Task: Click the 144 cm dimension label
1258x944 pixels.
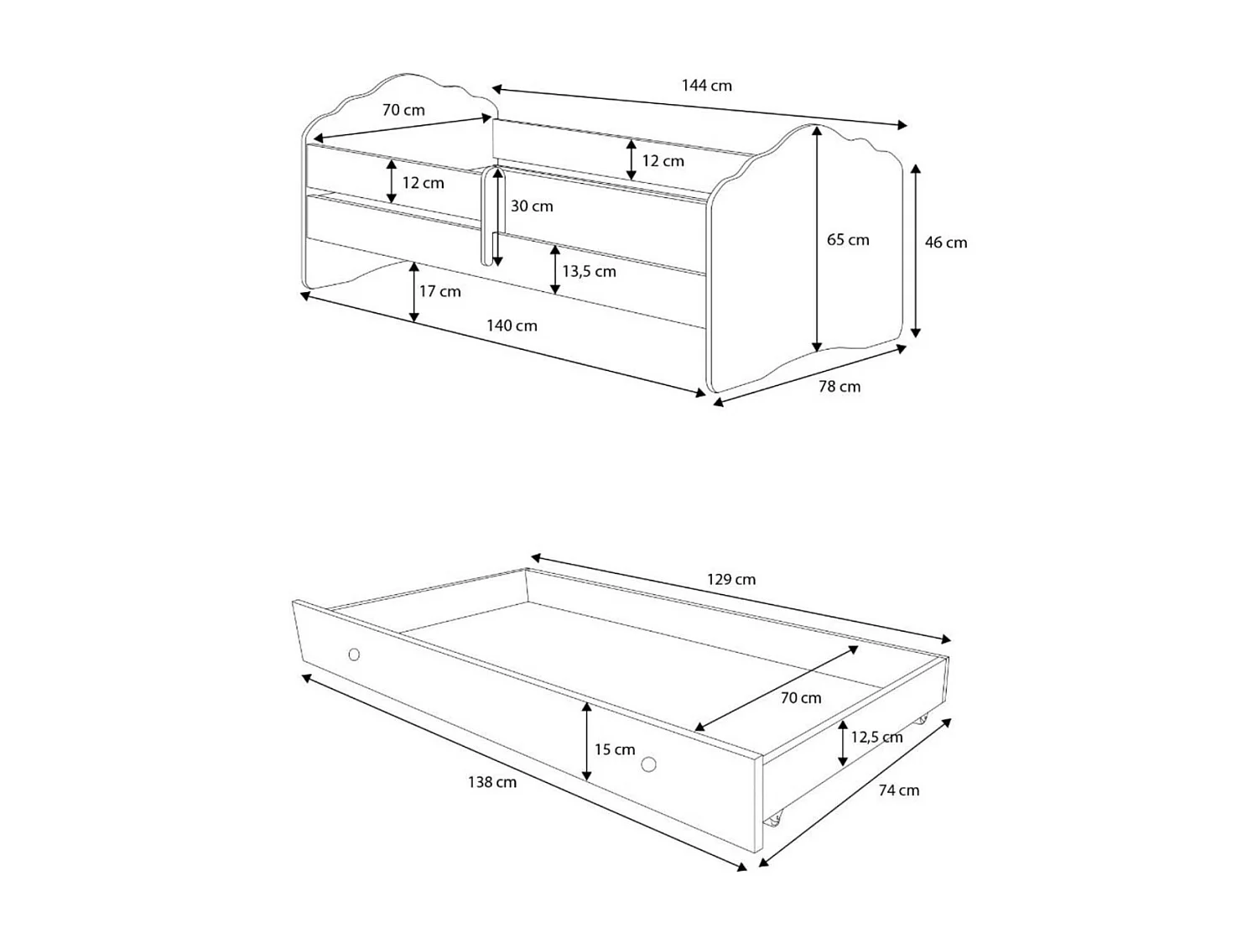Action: click(x=706, y=86)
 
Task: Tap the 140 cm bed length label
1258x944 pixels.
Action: click(x=512, y=326)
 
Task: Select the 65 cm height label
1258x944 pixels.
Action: click(x=848, y=240)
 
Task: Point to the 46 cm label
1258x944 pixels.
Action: click(x=946, y=243)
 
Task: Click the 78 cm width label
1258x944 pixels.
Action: click(x=840, y=387)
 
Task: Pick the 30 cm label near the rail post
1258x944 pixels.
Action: click(x=532, y=206)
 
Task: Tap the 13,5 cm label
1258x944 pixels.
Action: click(x=589, y=272)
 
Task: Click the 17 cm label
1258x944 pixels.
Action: click(x=440, y=291)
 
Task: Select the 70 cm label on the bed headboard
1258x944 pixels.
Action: click(x=403, y=110)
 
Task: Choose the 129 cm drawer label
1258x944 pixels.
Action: click(x=731, y=580)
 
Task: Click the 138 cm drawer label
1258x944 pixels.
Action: click(x=492, y=782)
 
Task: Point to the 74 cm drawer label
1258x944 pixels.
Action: click(x=898, y=790)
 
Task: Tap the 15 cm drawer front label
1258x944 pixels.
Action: click(x=615, y=749)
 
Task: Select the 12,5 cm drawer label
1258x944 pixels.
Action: click(x=876, y=738)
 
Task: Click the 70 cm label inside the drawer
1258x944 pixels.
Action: click(x=801, y=698)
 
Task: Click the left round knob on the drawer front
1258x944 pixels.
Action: click(x=354, y=655)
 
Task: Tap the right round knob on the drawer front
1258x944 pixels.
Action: click(x=648, y=764)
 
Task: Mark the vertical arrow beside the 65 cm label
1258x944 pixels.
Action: click(x=817, y=239)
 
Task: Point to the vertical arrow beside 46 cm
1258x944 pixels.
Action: click(x=916, y=250)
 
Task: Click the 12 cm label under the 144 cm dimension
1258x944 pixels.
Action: click(x=663, y=161)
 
